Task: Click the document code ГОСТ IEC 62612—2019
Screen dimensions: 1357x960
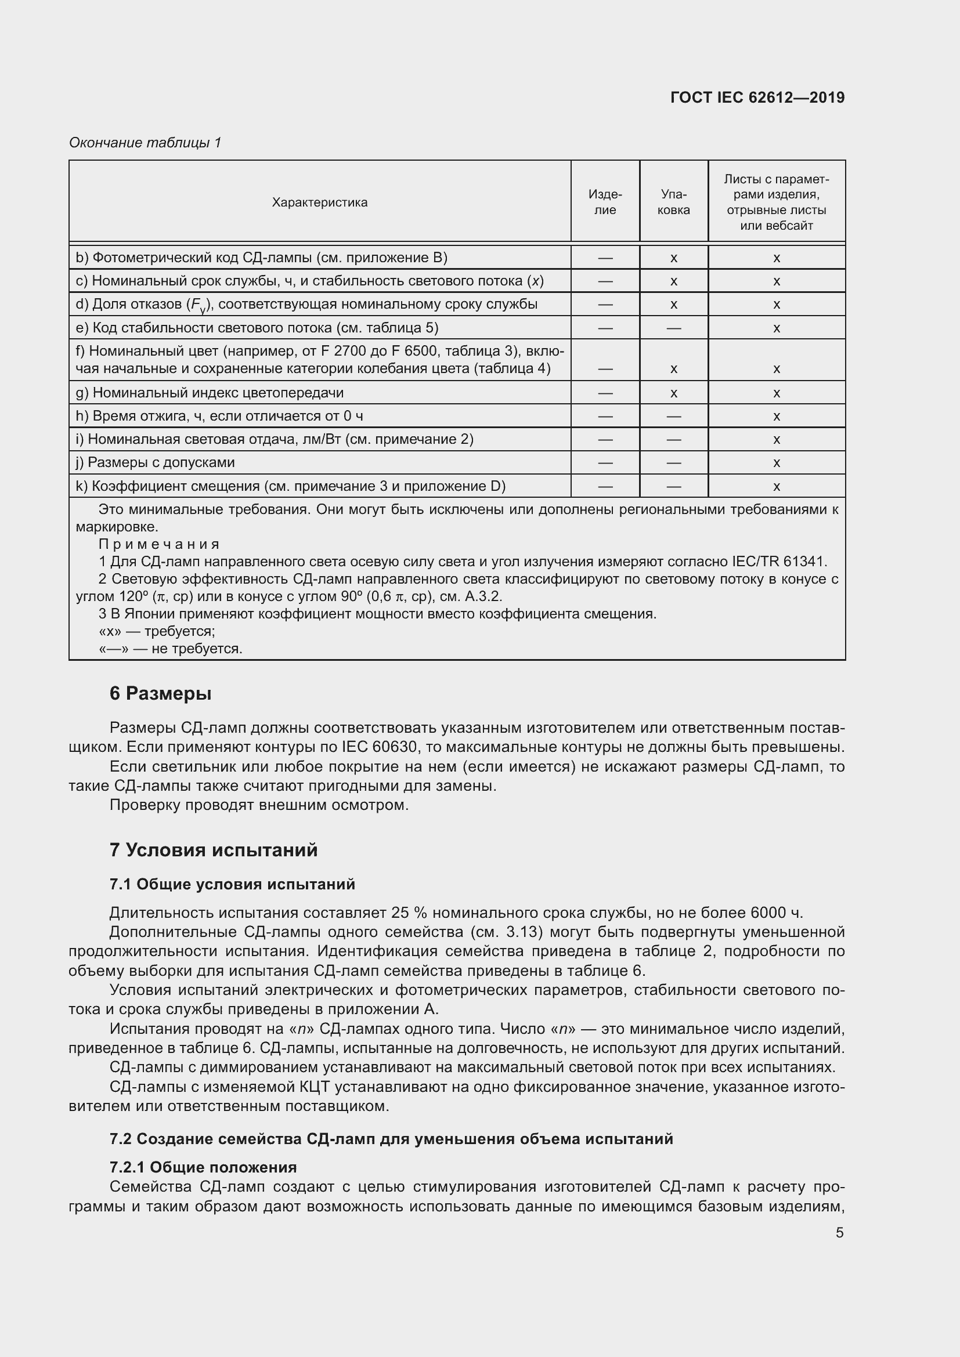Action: [757, 97]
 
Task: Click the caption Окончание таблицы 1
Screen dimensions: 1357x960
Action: [145, 143]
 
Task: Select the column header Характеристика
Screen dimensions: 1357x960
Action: [319, 202]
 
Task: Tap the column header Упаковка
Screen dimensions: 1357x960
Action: [673, 202]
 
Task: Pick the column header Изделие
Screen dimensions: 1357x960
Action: [605, 202]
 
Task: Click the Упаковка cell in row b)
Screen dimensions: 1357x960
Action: [673, 258]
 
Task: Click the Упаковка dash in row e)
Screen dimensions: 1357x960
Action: [673, 328]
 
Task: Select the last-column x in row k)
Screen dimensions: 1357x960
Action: [776, 487]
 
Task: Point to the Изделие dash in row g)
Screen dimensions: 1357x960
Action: [605, 393]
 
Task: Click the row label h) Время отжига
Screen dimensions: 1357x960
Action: [219, 416]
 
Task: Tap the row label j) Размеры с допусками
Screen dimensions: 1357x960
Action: [155, 463]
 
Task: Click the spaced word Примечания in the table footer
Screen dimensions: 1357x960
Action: [159, 544]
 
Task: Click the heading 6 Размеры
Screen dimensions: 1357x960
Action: [160, 693]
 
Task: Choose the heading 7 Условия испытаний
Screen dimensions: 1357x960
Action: [214, 850]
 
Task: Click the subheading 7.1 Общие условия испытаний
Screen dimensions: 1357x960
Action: [232, 884]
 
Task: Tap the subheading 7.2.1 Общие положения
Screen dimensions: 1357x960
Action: [203, 1167]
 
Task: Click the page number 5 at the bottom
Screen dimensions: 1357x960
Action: [839, 1233]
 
